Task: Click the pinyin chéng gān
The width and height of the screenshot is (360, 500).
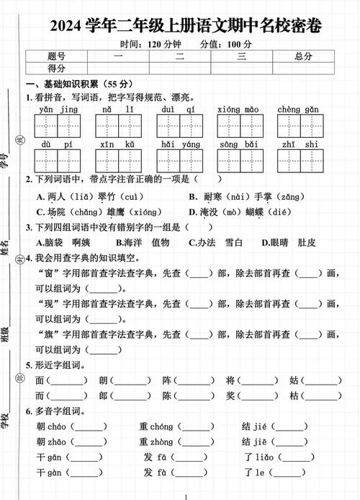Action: [298, 109]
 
